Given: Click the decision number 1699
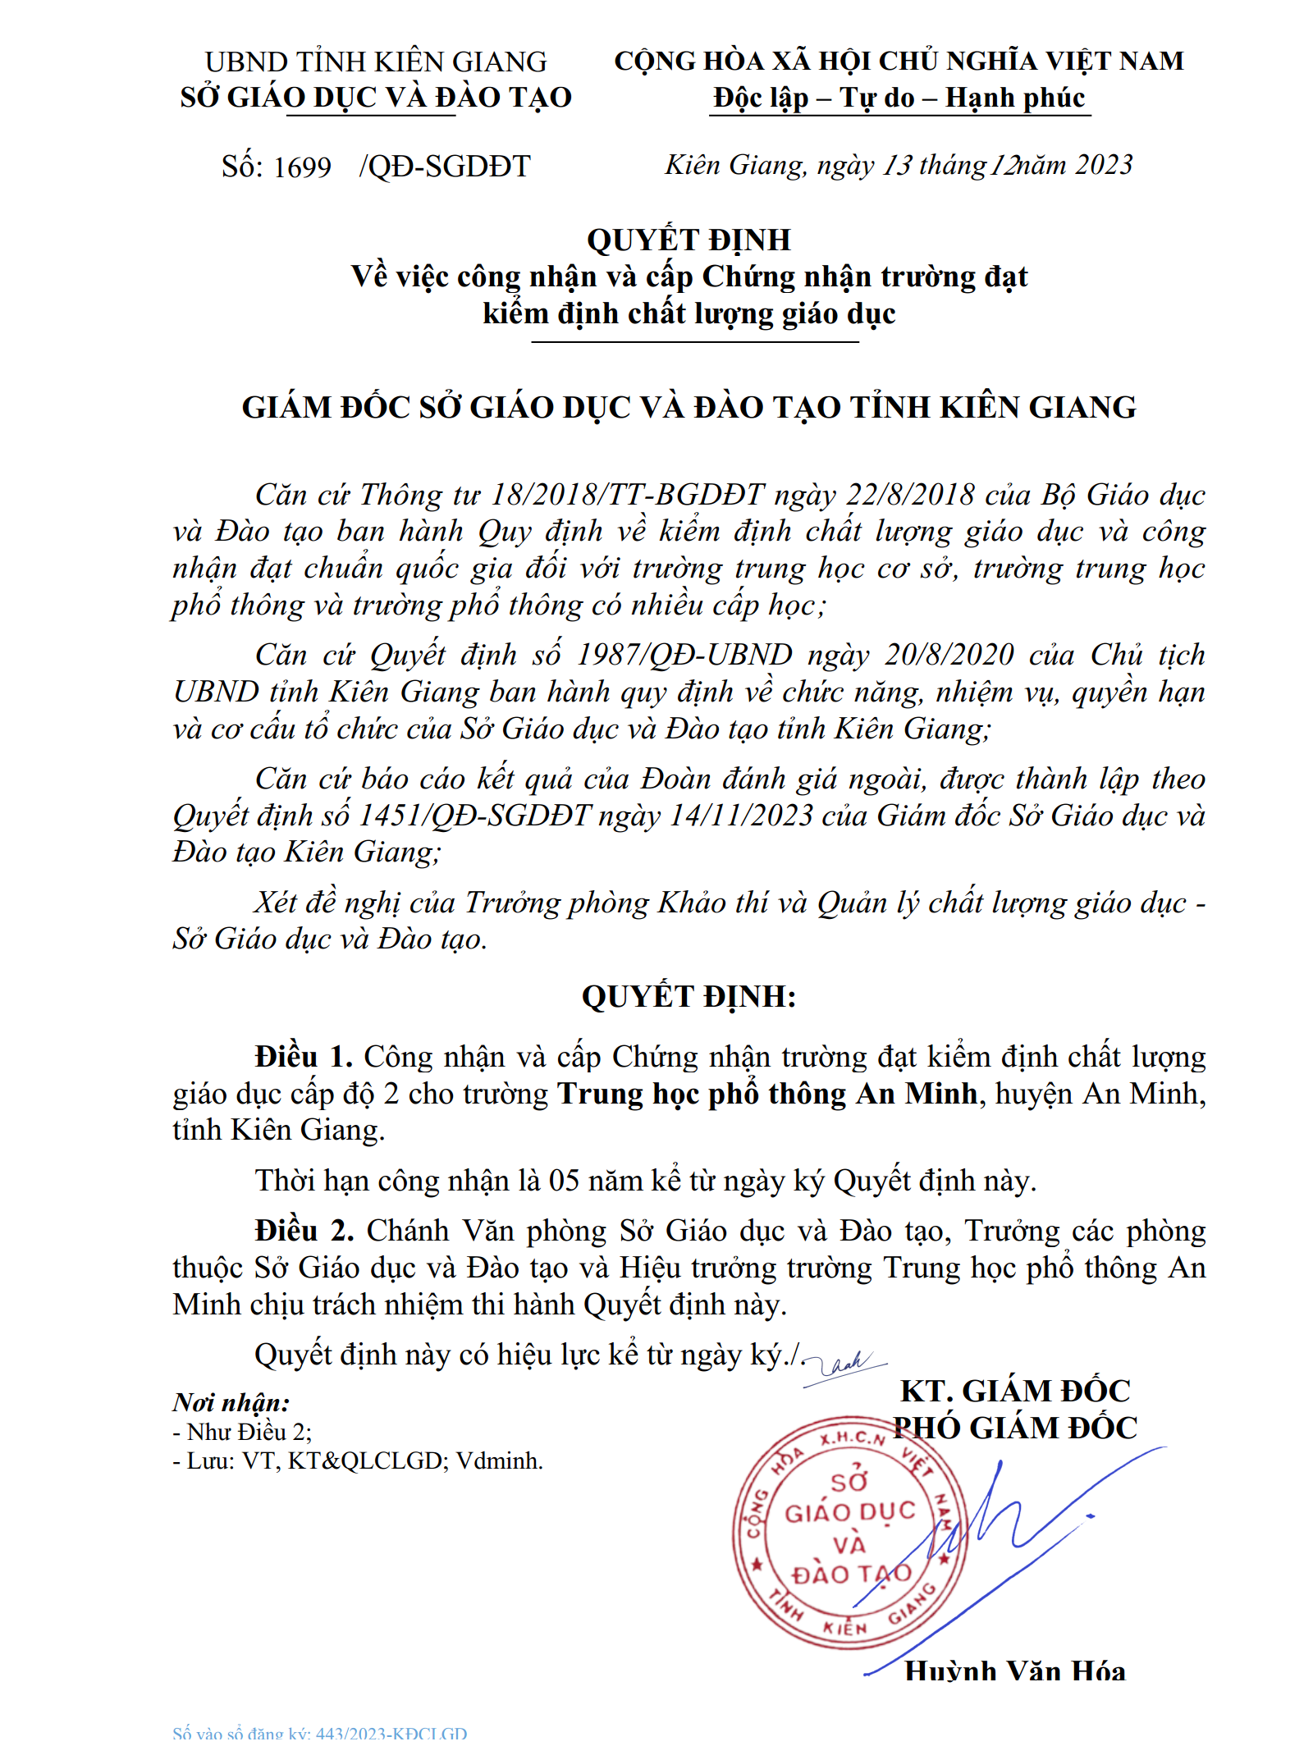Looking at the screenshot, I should click(302, 167).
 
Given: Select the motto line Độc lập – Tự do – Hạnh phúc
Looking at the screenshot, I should click(899, 98).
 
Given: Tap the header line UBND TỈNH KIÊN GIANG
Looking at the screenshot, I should click(376, 62).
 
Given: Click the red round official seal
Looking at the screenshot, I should click(849, 1535).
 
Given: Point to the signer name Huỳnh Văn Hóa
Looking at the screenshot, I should click(1015, 1671).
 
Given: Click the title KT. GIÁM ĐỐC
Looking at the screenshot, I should click(1015, 1391).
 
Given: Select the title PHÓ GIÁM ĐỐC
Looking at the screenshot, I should click(1015, 1428).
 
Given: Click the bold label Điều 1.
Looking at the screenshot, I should click(304, 1057).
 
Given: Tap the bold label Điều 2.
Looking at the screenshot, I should click(304, 1231).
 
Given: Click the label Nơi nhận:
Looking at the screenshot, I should click(231, 1402).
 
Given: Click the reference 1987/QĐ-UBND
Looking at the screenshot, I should click(684, 655).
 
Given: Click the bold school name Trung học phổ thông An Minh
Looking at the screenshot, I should click(768, 1094).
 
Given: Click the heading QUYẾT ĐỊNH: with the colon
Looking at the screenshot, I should click(689, 996).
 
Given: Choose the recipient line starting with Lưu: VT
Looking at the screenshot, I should click(358, 1460).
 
